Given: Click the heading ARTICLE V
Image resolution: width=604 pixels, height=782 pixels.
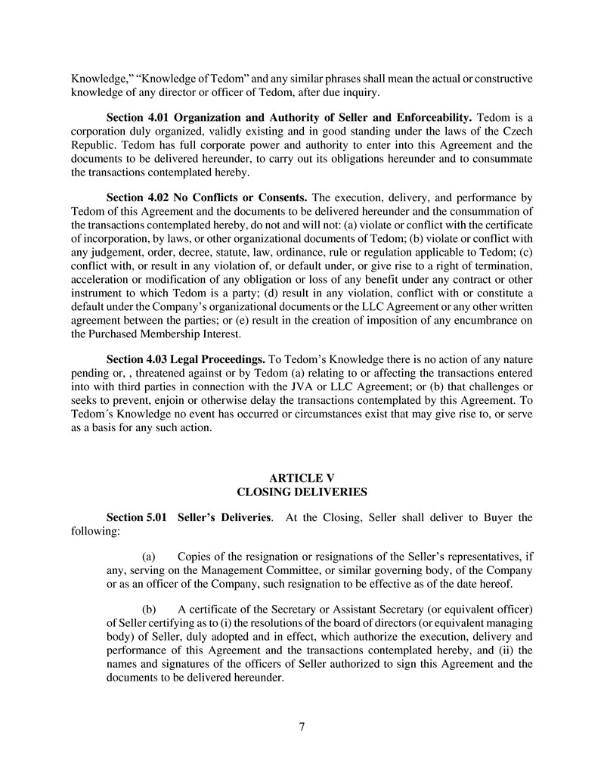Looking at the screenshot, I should point(302,478).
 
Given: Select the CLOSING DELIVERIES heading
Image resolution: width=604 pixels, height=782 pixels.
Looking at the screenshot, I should point(302,492).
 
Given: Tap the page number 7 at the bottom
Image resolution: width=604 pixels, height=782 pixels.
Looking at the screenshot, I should point(302,727).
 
